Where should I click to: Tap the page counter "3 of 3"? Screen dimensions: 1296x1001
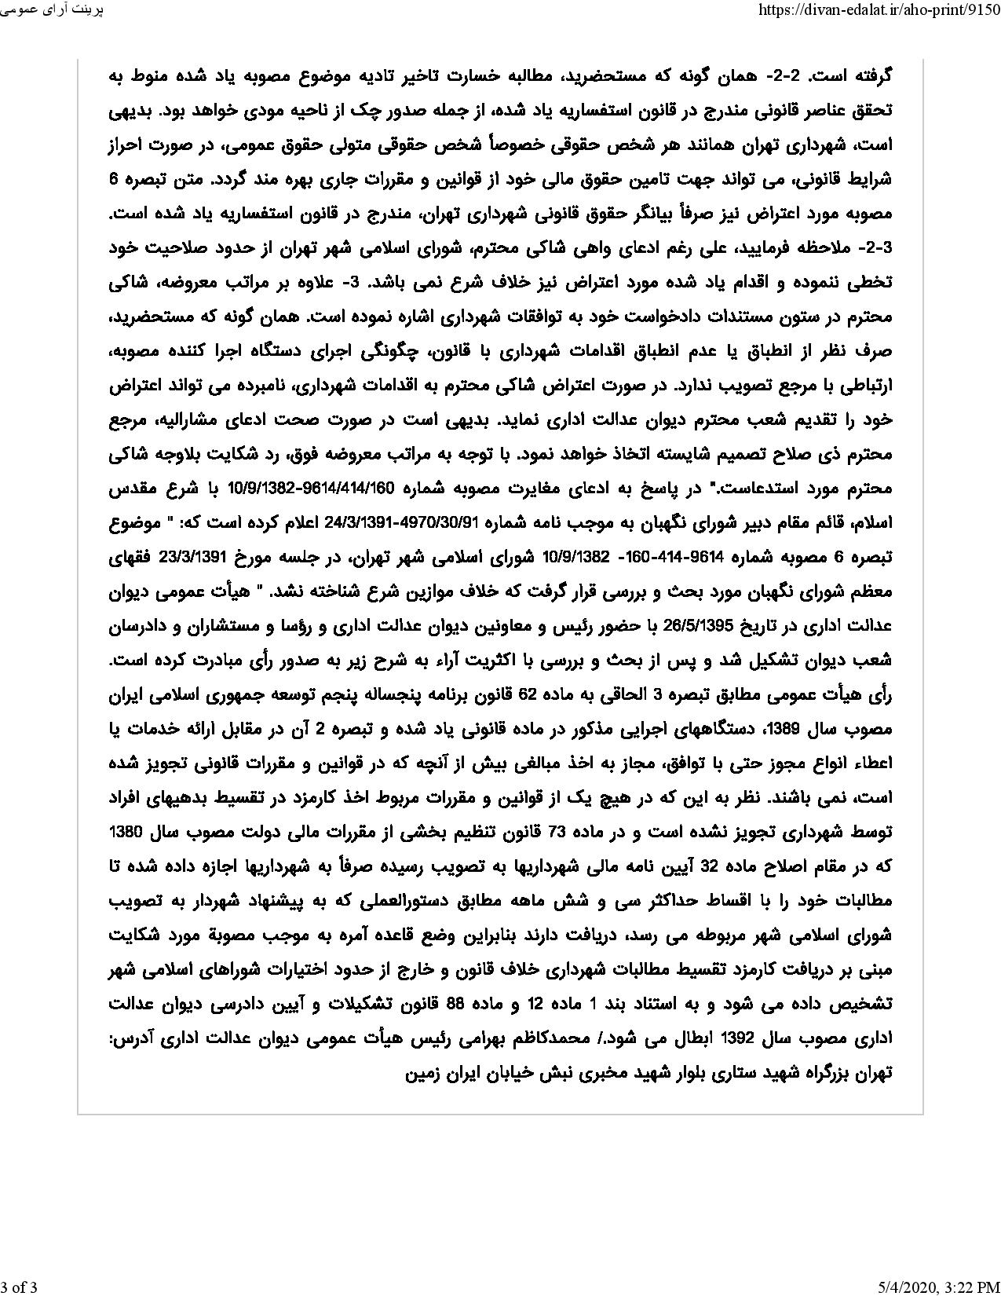[19, 1286]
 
